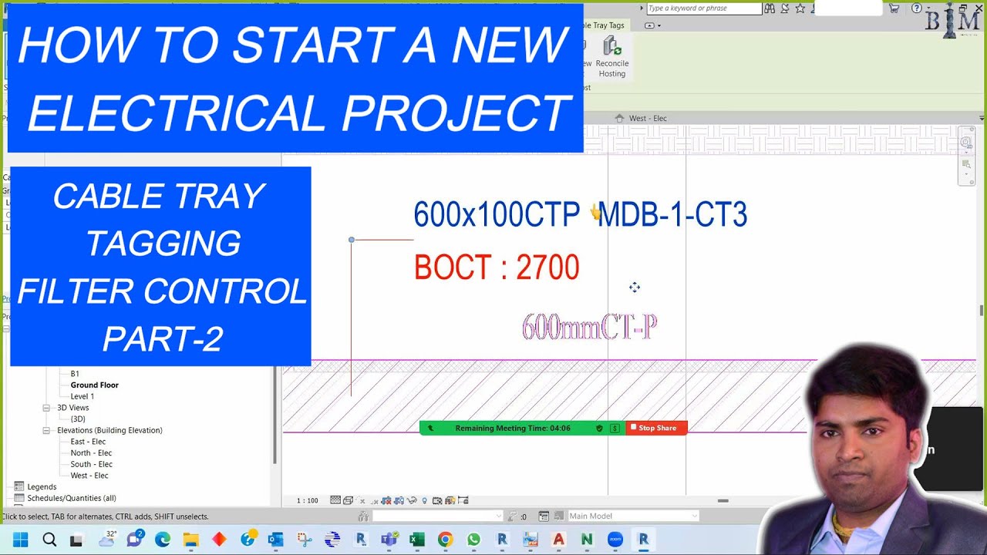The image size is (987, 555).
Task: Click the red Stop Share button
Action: click(655, 428)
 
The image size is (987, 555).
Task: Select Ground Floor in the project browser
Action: click(94, 385)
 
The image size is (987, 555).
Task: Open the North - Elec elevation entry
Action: click(91, 453)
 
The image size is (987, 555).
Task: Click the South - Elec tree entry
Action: click(91, 464)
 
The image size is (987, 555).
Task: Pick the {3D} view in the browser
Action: click(78, 419)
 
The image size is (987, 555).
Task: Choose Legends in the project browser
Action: click(42, 486)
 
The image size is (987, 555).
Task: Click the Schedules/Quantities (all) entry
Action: click(71, 498)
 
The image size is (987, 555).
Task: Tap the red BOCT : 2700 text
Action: click(496, 268)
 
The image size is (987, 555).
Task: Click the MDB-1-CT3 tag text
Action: click(672, 215)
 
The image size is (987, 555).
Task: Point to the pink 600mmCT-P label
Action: click(589, 328)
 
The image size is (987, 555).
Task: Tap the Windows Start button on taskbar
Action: click(20, 540)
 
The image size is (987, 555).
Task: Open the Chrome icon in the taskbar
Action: click(445, 540)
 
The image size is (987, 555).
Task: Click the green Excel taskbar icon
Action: click(417, 540)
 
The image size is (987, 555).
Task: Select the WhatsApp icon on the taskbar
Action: click(473, 540)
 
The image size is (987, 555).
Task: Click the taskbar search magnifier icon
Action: click(49, 540)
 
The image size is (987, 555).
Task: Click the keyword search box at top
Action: click(703, 8)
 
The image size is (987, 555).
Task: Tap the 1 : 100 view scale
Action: click(307, 500)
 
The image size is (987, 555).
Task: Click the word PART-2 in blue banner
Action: click(162, 339)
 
